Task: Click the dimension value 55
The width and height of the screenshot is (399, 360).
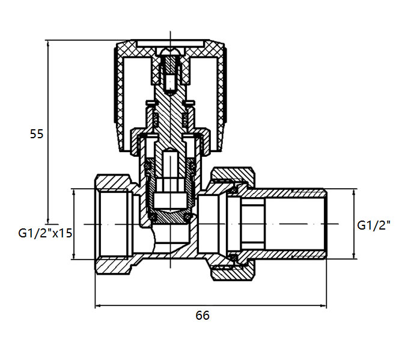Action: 37,134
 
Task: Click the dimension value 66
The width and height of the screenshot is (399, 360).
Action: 203,315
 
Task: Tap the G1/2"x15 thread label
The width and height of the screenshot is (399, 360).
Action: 45,233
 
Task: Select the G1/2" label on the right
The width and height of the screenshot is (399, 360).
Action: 374,225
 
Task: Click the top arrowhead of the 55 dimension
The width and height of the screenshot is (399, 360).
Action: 47,44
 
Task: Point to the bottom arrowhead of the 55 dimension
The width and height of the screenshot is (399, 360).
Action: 47,221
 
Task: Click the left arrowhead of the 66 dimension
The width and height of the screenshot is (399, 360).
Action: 99,305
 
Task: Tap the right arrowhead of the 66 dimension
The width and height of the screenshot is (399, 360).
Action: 323,305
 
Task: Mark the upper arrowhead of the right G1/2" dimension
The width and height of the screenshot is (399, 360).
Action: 353,192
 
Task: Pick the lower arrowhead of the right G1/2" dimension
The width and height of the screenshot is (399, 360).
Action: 353,255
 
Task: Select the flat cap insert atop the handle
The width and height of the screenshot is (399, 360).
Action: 170,43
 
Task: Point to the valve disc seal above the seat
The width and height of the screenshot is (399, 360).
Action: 170,217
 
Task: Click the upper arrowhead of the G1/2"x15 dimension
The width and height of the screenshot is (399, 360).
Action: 74,192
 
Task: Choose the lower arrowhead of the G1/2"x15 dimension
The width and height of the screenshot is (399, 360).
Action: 74,255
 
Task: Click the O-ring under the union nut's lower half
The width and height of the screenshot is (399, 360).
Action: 233,257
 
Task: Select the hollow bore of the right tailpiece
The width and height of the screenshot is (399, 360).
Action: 295,224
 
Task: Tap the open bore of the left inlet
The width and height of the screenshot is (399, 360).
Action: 113,224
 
